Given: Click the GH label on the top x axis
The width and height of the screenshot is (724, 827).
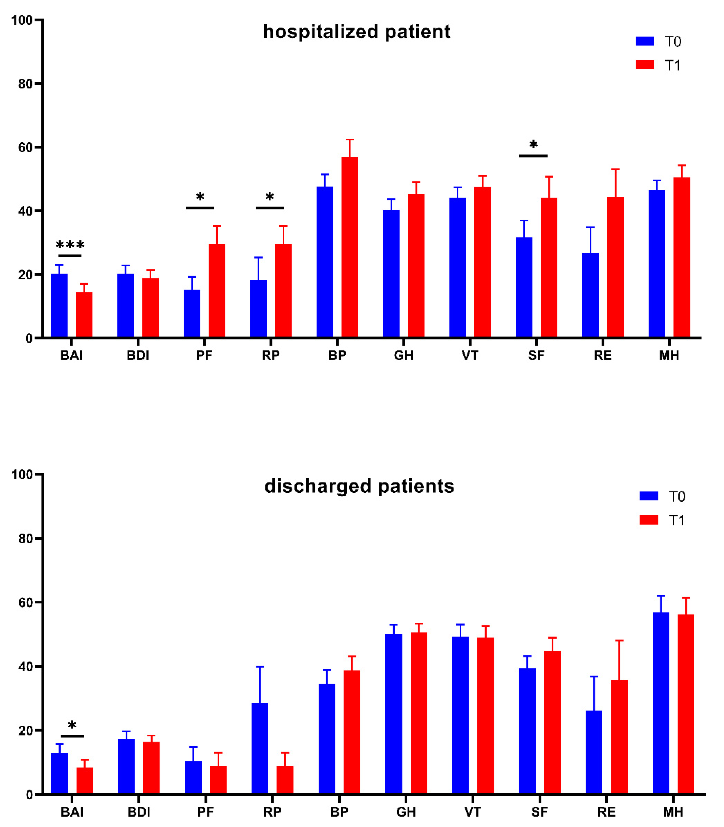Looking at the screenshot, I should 404,356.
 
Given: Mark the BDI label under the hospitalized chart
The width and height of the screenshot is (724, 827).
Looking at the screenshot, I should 138,356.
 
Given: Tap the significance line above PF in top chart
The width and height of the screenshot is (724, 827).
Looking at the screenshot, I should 200,208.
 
